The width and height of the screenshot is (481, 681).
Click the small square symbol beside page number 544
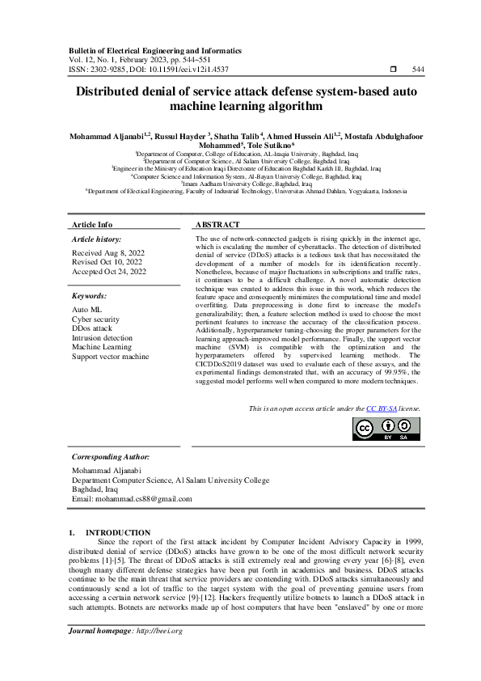coord(393,70)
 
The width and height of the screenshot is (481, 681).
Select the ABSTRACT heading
coord(217,224)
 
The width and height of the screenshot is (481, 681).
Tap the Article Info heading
coord(92,224)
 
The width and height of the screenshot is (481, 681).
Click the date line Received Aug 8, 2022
coord(109,253)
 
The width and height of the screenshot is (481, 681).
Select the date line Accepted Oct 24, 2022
coord(109,272)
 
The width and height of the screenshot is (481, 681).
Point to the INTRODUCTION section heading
coord(123,532)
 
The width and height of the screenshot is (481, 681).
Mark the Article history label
coord(97,239)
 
